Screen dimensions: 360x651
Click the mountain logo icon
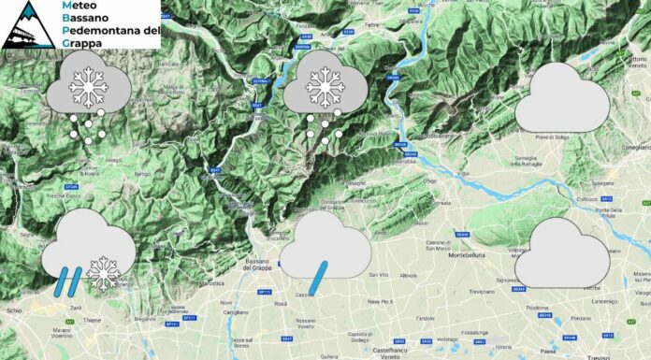click(25, 25)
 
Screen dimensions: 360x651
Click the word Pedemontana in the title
click(108, 29)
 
